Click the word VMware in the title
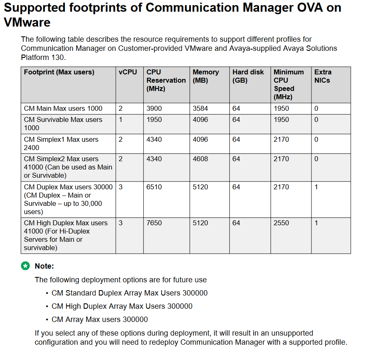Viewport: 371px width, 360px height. [x=27, y=22]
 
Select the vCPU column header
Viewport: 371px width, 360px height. [x=128, y=72]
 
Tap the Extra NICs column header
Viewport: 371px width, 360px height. [x=323, y=76]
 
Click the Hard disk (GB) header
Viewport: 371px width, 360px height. [x=248, y=76]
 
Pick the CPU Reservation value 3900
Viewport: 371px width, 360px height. [x=154, y=108]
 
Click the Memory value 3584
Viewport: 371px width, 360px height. [x=200, y=108]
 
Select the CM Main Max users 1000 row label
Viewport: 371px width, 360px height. [x=63, y=108]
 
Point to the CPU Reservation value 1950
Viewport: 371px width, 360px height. [x=154, y=119]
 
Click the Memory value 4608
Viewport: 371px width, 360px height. [x=200, y=159]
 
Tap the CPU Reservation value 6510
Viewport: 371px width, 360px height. [x=154, y=187]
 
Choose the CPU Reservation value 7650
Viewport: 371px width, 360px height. [x=154, y=223]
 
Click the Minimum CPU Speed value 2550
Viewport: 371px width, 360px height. [x=281, y=223]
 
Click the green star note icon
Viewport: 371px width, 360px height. [x=26, y=266]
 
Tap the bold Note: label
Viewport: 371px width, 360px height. [x=44, y=266]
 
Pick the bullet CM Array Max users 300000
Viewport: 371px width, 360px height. [x=100, y=319]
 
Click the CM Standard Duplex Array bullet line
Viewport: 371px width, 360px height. [x=129, y=293]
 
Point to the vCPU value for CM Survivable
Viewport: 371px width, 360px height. [x=121, y=119]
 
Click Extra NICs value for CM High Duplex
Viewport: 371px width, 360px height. [x=316, y=223]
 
